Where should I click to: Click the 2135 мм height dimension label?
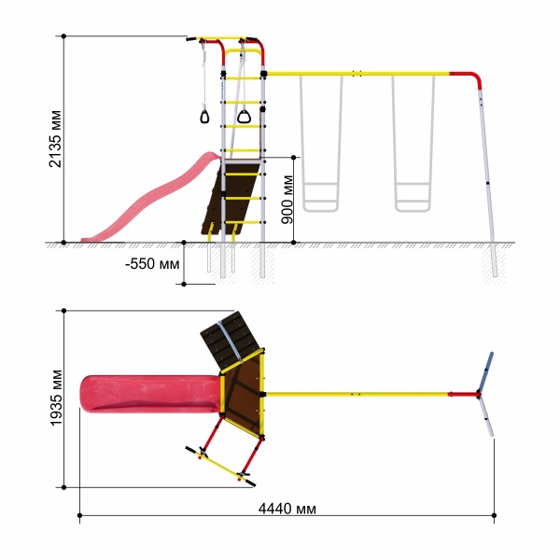56,138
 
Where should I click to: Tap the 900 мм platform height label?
287,200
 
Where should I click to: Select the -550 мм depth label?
152,264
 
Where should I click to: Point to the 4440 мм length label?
287,509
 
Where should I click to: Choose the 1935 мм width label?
56,398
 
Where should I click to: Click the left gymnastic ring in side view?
204,117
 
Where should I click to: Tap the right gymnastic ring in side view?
244,117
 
